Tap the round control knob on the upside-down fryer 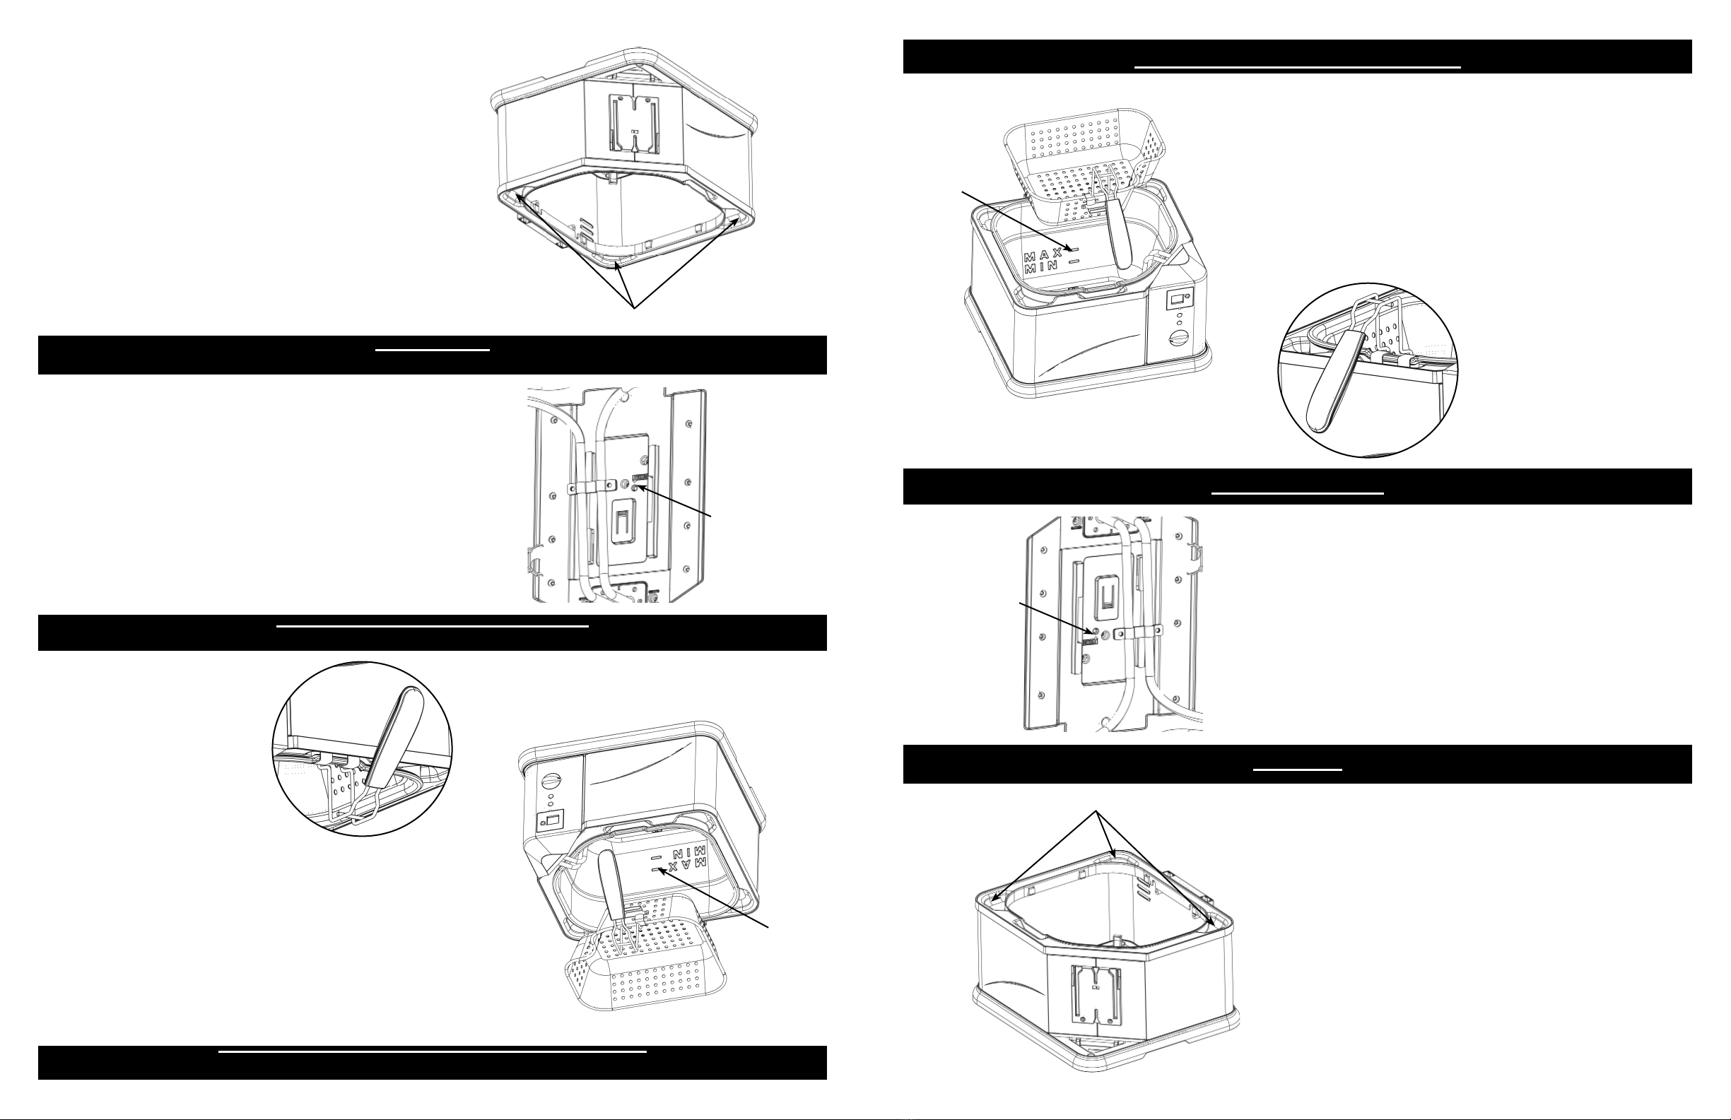tap(553, 782)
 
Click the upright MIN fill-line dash tap(1074, 259)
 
